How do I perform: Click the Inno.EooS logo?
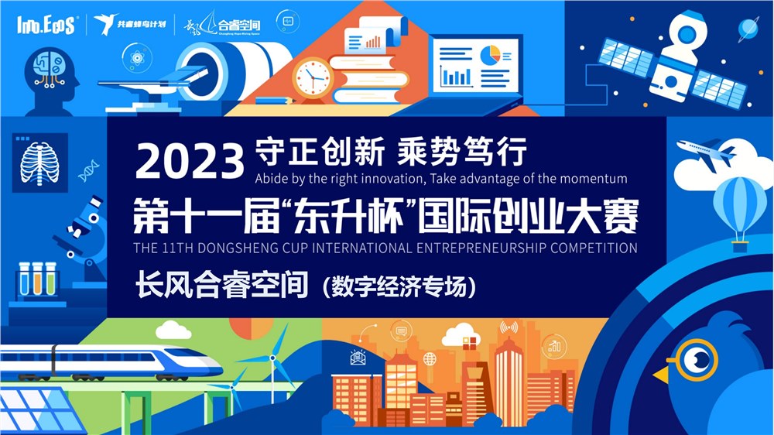click(46, 25)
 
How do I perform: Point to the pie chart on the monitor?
click(488, 56)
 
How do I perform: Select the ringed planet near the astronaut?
click(747, 28)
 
